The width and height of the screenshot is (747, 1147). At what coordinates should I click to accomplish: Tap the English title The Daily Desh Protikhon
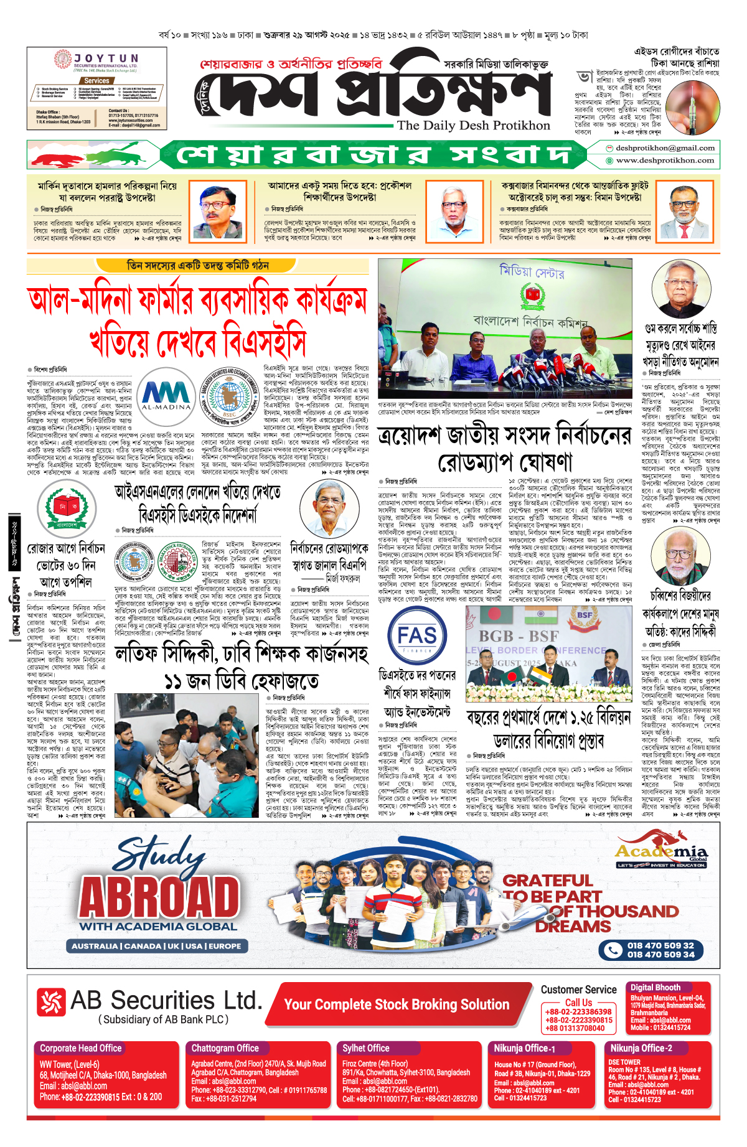pos(474,125)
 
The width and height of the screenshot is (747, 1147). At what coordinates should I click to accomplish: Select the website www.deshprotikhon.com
pos(664,161)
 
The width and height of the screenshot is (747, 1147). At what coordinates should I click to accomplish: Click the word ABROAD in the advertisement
pos(159,898)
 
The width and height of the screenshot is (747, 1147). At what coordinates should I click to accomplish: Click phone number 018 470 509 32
pos(660,945)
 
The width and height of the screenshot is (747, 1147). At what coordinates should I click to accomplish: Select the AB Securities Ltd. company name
pos(166,1000)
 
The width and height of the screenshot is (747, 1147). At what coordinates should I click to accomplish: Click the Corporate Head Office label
pos(81,1048)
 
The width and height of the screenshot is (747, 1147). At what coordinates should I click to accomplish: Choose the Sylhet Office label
pos(366,1048)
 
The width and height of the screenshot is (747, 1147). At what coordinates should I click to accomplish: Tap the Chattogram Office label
pos(225,1048)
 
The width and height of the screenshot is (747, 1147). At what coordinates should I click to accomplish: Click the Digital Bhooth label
pos(655,987)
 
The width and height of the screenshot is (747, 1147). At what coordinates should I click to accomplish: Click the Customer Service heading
pos(578,990)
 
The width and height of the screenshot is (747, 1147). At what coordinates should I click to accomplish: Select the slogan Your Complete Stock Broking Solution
pos(397,1004)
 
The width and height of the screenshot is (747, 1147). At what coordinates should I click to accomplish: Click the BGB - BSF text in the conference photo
pos(518,636)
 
